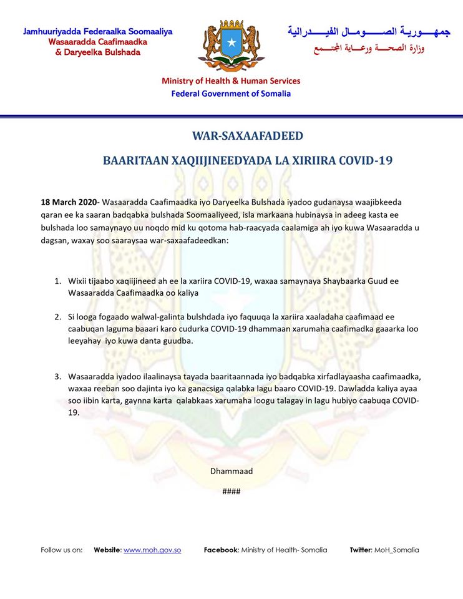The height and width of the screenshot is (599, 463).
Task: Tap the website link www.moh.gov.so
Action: click(x=152, y=550)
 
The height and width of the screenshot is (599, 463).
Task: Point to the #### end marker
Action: click(x=232, y=491)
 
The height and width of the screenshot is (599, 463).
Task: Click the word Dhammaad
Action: click(x=232, y=471)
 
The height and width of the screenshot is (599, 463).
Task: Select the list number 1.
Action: click(x=57, y=281)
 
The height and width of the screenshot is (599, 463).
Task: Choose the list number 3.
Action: click(x=57, y=376)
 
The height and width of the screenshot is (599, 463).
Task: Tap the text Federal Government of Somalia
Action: click(x=231, y=94)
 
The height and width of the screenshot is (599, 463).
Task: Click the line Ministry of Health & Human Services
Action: click(x=231, y=80)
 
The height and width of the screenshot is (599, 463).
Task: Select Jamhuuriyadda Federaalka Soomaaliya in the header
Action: click(x=98, y=31)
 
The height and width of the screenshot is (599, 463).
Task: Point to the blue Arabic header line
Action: click(x=368, y=31)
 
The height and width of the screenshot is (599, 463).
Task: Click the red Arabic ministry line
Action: click(x=368, y=48)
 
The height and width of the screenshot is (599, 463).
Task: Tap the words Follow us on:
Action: click(x=62, y=550)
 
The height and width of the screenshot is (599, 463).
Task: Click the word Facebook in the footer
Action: click(x=221, y=550)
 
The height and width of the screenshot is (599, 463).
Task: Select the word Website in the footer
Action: click(x=107, y=550)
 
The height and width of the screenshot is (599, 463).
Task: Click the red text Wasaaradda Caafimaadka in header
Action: click(x=98, y=41)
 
